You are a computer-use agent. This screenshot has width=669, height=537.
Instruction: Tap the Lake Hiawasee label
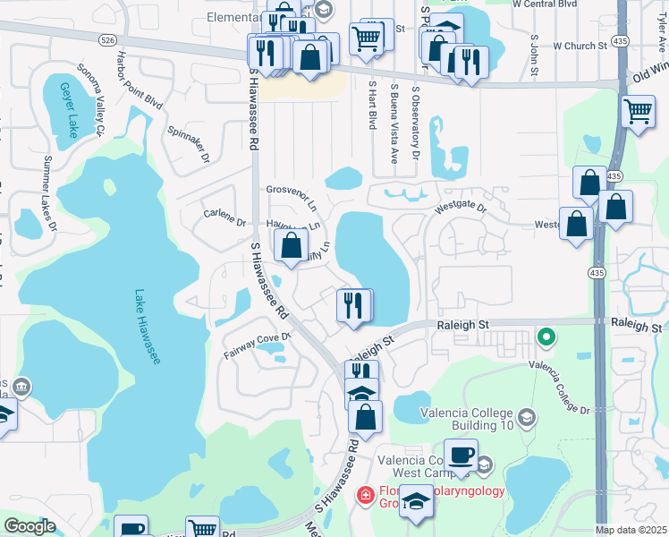(x=148, y=327)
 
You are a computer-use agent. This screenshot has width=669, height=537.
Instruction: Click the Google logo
(x=30, y=526)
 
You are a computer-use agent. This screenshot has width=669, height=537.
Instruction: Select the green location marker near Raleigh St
(x=545, y=337)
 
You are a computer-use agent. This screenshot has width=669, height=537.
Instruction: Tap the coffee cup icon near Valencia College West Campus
(x=461, y=454)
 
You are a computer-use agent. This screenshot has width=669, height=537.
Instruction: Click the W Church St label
(x=581, y=45)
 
